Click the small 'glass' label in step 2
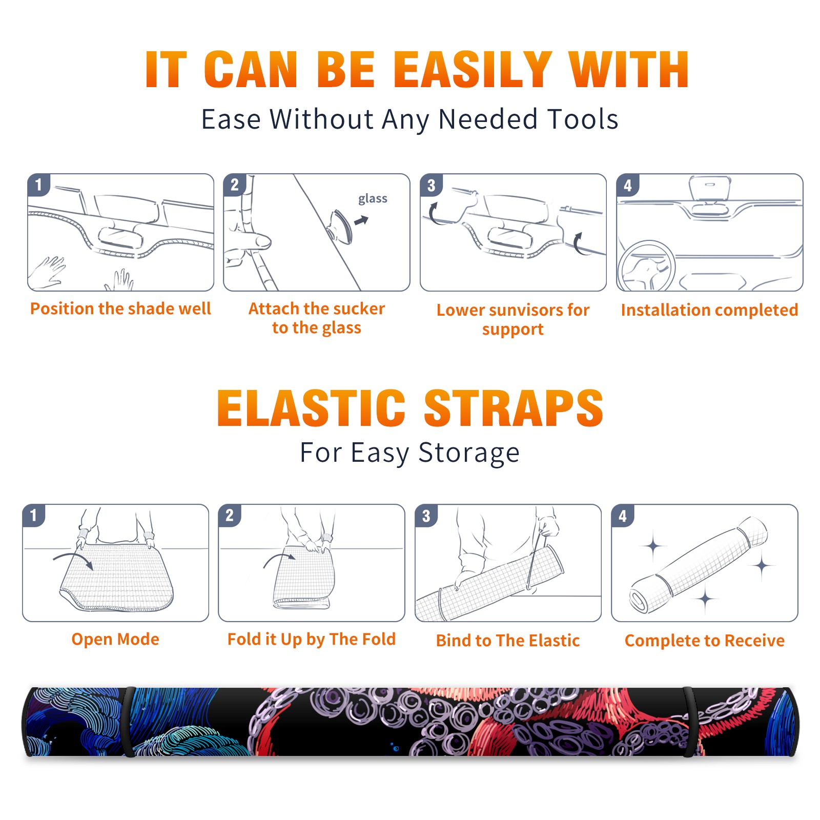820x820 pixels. (373, 199)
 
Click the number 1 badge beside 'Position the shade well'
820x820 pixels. (39, 184)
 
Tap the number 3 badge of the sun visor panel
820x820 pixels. (432, 185)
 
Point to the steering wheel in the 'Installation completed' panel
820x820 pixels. (646, 266)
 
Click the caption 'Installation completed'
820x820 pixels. (709, 310)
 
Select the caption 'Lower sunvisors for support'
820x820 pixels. (513, 319)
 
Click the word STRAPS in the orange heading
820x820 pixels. (514, 408)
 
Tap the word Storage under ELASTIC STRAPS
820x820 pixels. (469, 453)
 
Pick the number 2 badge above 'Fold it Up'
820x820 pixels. (230, 516)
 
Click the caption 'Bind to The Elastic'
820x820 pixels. (508, 641)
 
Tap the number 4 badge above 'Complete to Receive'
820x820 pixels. (623, 516)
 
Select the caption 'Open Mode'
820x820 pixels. (115, 640)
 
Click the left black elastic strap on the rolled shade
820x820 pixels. (128, 722)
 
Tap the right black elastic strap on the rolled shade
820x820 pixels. (690, 722)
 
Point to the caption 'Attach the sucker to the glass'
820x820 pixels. (317, 318)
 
